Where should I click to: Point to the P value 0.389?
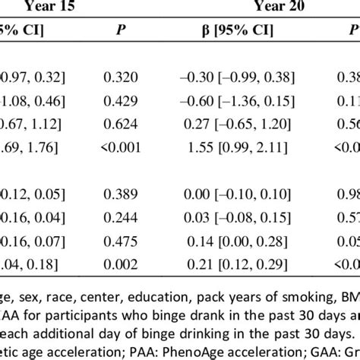[124, 195]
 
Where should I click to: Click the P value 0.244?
[124, 219]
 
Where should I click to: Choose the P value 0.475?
[124, 242]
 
